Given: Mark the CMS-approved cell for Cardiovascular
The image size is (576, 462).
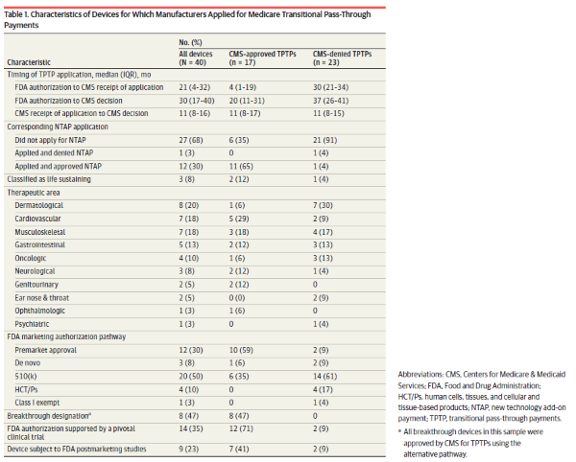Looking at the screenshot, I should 241,217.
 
